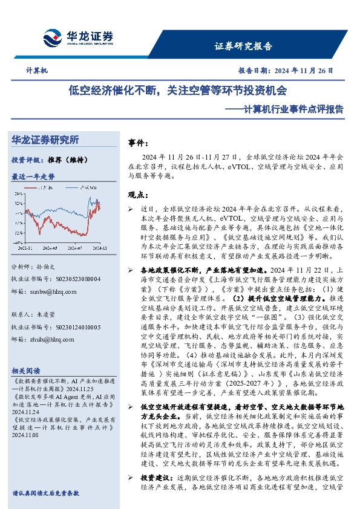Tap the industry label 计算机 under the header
37,71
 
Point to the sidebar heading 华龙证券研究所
45,140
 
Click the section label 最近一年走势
33,177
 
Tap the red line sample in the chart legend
41,189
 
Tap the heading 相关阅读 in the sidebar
26,371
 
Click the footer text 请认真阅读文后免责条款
45,493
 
